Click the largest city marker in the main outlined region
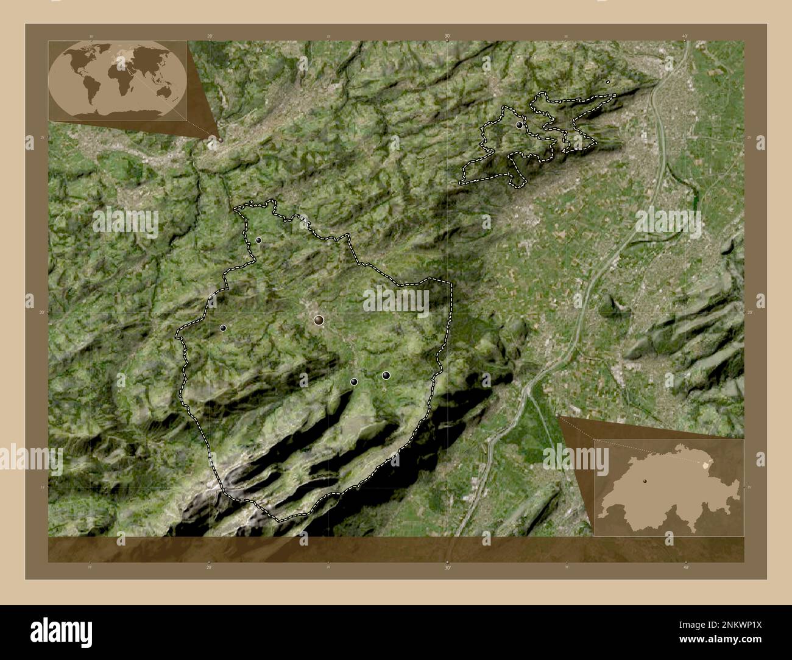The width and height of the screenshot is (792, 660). point(319,320)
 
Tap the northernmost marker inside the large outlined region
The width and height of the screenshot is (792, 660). point(258,240)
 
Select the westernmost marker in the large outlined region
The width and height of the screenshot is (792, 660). point(223,328)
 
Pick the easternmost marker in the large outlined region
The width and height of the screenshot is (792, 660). point(386,375)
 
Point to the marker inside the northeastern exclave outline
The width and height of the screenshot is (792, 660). point(518,125)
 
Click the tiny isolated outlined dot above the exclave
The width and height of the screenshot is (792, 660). point(608,82)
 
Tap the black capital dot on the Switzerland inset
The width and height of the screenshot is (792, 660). point(643,481)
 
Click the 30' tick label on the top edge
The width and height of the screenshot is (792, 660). point(447,37)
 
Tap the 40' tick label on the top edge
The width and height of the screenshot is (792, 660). point(685,37)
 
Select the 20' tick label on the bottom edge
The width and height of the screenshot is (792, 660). point(210,567)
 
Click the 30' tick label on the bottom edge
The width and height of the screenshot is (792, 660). point(447,567)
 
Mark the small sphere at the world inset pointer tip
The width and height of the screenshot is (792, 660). point(220,139)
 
